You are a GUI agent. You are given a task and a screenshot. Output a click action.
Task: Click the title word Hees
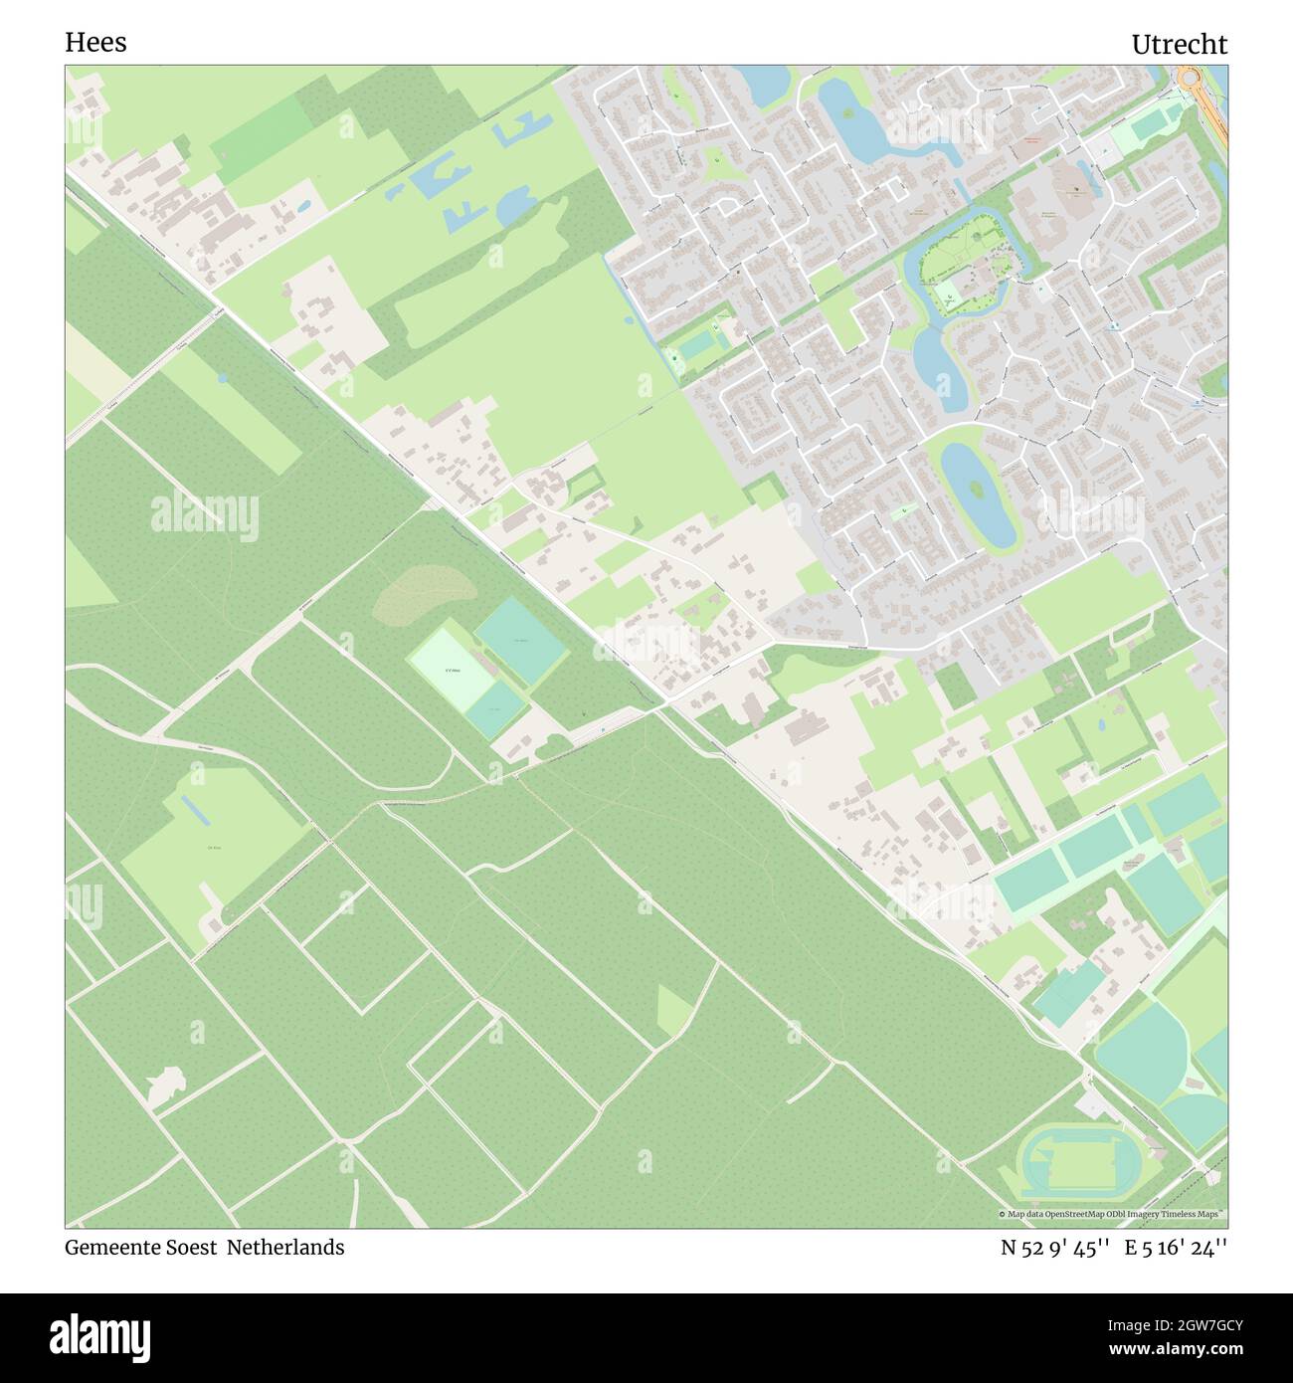95,43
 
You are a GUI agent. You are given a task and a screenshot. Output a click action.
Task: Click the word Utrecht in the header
1179,45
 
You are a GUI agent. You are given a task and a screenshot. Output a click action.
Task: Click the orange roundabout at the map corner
1189,77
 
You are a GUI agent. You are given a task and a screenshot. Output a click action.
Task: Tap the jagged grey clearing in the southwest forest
165,1084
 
